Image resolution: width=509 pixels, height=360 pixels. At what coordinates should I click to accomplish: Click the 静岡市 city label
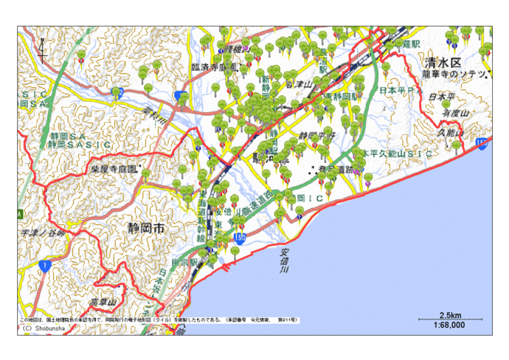pyautogui.click(x=145, y=229)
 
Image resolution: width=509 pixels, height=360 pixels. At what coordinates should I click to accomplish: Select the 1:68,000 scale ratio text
pyautogui.click(x=449, y=324)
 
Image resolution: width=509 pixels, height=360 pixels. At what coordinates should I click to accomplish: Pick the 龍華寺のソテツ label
pyautogui.click(x=453, y=75)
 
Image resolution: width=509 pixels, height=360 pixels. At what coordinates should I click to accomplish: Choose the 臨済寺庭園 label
pyautogui.click(x=215, y=66)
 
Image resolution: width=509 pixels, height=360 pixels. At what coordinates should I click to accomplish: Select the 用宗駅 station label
pyautogui.click(x=184, y=262)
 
